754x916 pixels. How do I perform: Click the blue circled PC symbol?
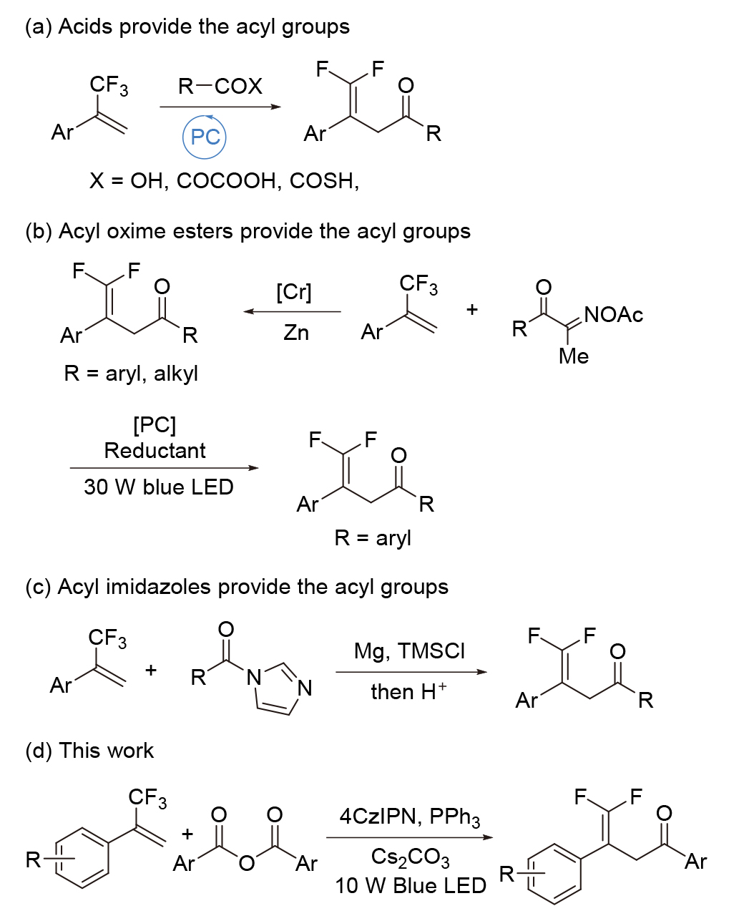tap(205, 137)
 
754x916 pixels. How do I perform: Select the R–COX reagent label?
tap(220, 87)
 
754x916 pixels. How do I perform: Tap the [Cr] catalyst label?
tap(293, 293)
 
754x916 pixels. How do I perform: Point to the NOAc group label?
tap(613, 315)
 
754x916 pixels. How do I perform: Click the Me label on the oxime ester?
tap(574, 356)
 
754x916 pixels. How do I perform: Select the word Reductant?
tap(155, 451)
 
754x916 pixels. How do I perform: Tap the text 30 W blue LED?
tap(159, 487)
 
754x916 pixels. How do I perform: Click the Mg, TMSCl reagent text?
tap(409, 651)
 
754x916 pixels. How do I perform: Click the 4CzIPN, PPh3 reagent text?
tap(409, 817)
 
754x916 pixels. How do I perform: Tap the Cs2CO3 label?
tap(410, 857)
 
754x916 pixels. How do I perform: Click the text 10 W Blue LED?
tap(410, 886)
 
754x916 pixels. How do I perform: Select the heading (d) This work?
tap(89, 751)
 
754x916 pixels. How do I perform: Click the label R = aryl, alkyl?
tap(131, 374)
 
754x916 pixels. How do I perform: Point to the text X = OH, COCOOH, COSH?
tap(224, 181)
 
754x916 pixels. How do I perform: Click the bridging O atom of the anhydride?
tap(246, 864)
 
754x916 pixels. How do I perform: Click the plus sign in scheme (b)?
tap(472, 310)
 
